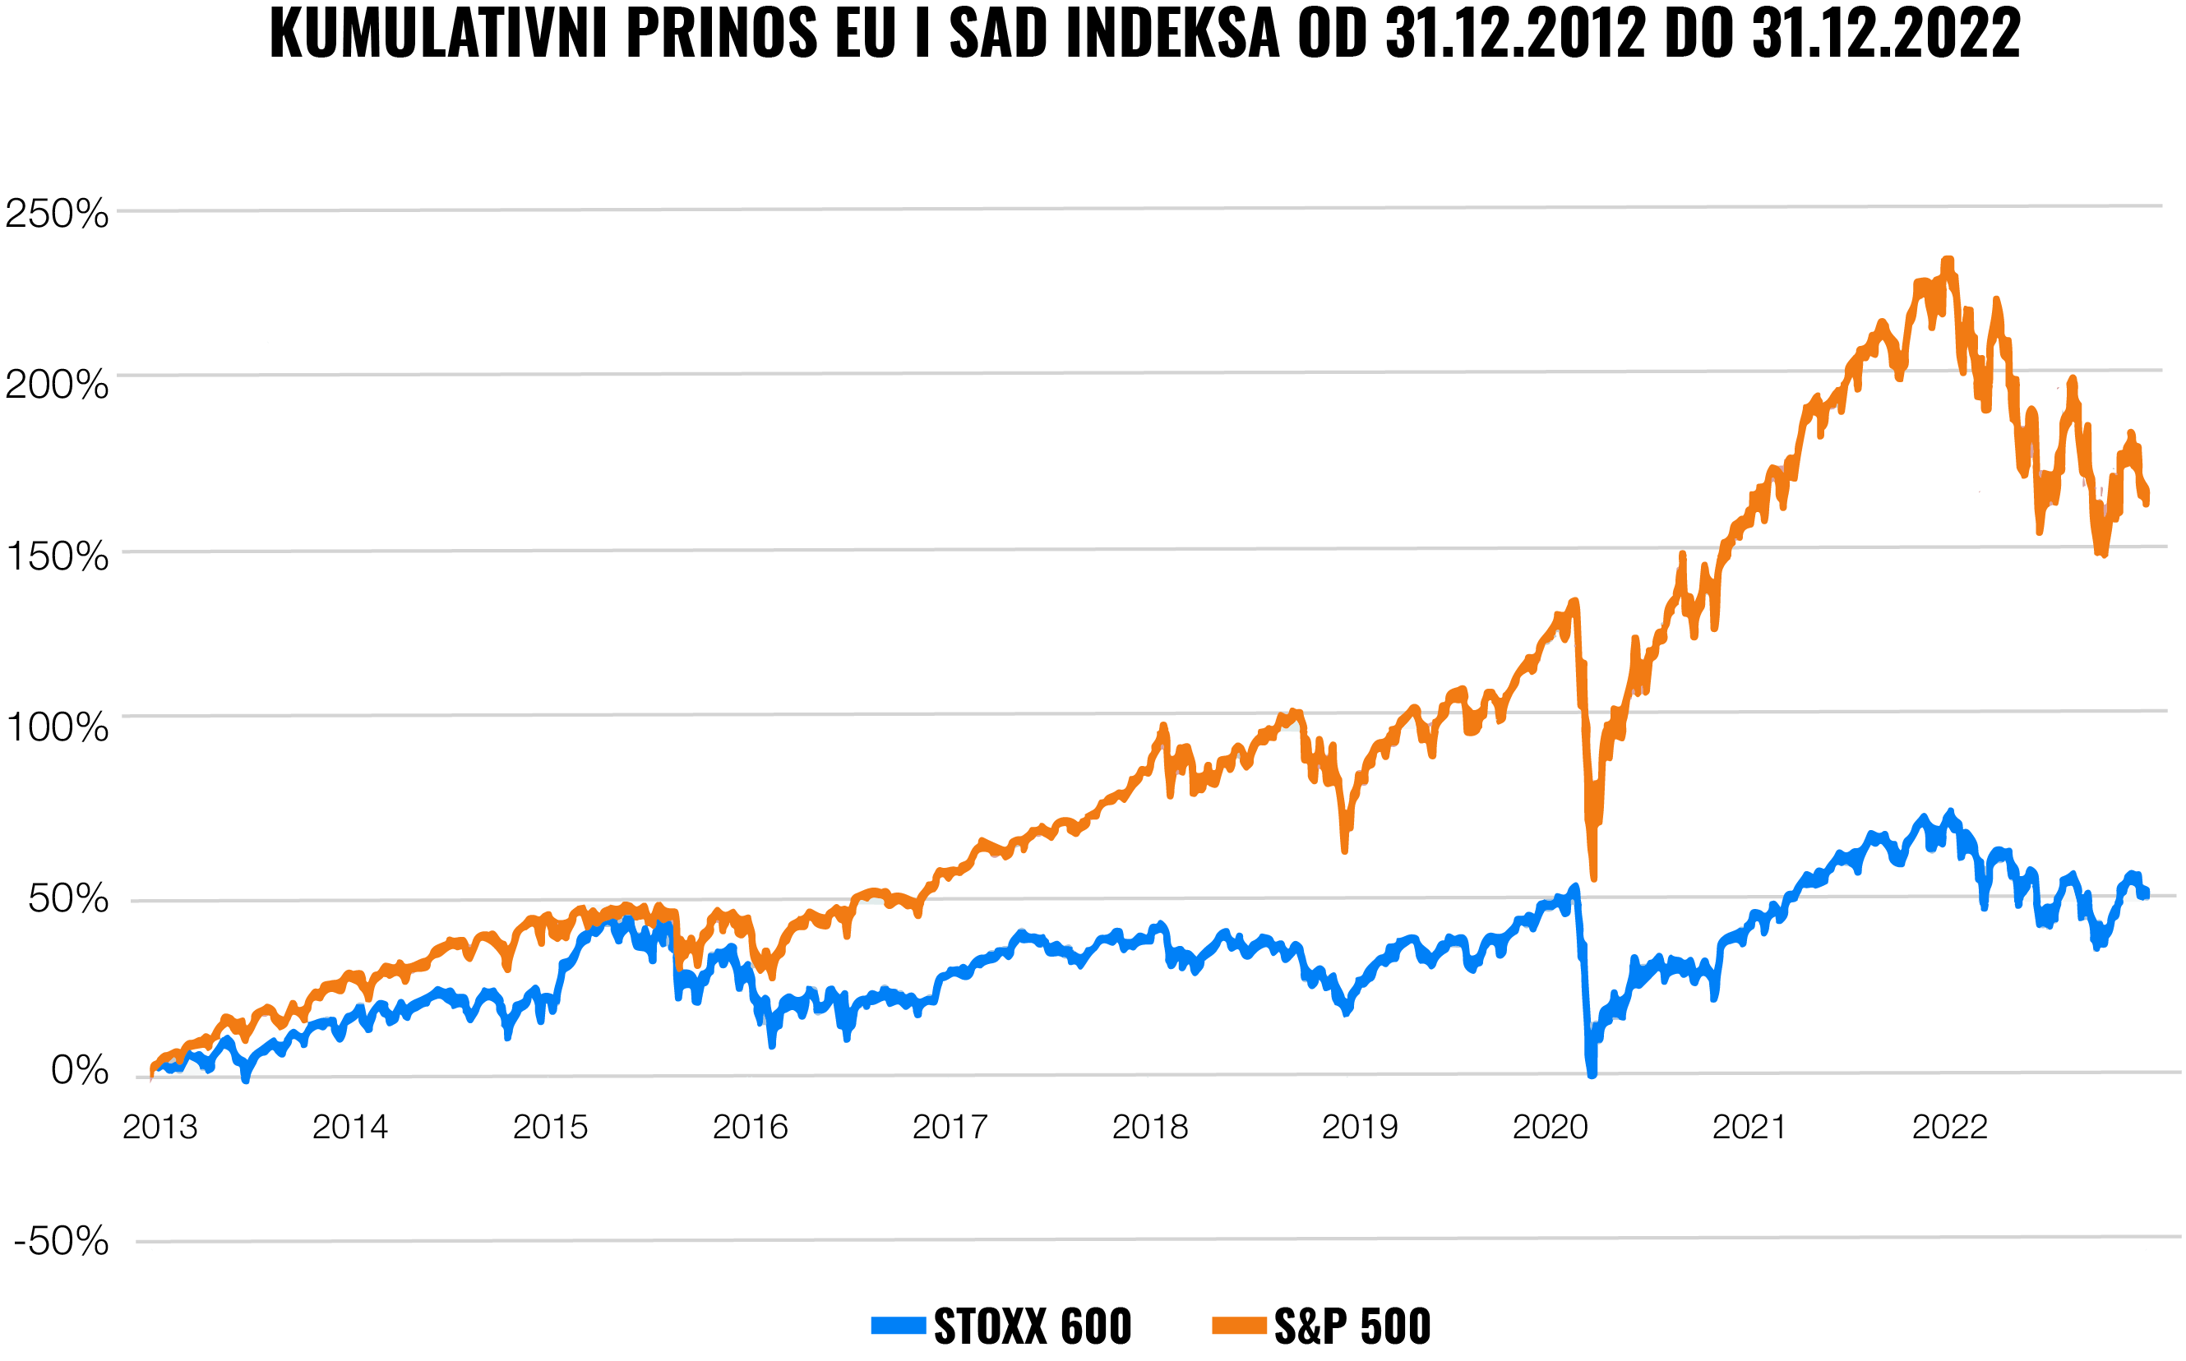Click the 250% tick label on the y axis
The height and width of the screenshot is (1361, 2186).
(57, 215)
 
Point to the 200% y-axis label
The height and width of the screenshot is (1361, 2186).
(57, 385)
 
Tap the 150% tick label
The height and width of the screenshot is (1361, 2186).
(57, 556)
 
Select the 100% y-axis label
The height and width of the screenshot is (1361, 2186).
(57, 727)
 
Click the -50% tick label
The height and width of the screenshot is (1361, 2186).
(61, 1241)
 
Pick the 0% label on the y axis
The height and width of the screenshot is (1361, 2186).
(79, 1070)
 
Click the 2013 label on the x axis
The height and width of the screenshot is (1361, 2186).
(159, 1127)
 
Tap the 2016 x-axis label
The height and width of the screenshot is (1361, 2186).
(750, 1127)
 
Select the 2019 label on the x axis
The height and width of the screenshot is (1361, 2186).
(1360, 1127)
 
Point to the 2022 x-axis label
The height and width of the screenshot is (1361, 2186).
(1949, 1127)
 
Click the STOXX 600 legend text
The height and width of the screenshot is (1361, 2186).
(1032, 1326)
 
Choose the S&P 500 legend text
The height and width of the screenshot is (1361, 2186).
(1352, 1326)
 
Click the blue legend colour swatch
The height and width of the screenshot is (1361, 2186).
(898, 1326)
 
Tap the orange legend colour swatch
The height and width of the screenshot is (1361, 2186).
(1239, 1326)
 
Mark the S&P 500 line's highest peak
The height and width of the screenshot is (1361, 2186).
(1948, 262)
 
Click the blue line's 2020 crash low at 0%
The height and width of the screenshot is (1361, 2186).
(1592, 1071)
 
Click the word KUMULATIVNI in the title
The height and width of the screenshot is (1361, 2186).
(438, 35)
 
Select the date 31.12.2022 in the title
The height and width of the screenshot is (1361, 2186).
(1886, 35)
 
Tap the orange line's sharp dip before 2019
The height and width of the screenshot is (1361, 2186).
(1344, 848)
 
